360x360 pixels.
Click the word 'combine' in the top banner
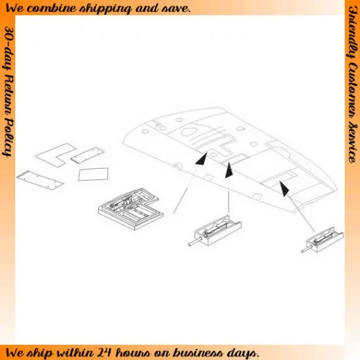(52, 9)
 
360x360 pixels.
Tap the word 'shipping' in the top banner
(105, 9)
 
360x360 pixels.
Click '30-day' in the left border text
(9, 48)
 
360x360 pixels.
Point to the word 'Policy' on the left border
(9, 138)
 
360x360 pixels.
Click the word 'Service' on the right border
(353, 143)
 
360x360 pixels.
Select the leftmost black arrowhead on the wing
(202, 159)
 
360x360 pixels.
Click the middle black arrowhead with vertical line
(228, 170)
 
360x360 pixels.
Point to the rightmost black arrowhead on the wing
(283, 189)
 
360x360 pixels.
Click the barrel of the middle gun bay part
(195, 242)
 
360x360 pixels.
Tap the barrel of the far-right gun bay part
(307, 249)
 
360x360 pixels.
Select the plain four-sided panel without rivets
(93, 174)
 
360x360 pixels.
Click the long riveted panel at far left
(40, 180)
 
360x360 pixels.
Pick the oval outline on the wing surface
(189, 132)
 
